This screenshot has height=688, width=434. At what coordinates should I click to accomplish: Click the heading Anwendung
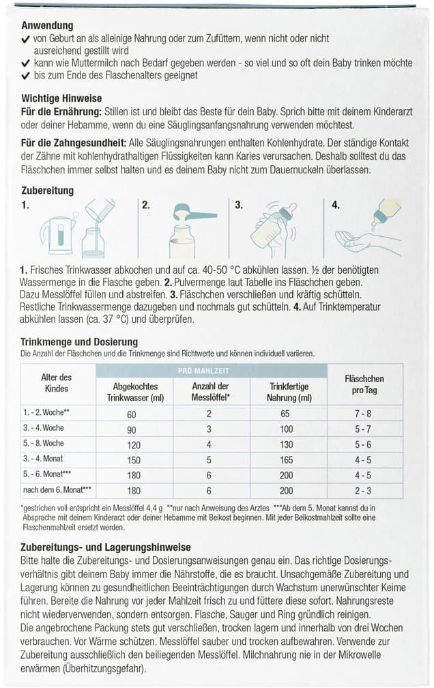(x=47, y=26)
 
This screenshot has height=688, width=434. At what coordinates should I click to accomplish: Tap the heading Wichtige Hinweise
(x=60, y=98)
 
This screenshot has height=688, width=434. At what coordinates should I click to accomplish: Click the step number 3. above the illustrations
(x=239, y=204)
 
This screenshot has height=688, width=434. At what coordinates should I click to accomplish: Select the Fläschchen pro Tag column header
(x=364, y=384)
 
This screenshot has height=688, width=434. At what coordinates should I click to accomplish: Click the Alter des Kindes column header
(x=57, y=384)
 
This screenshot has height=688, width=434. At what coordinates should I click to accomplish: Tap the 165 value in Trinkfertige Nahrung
(x=287, y=460)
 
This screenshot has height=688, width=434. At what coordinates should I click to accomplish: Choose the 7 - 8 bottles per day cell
(x=364, y=414)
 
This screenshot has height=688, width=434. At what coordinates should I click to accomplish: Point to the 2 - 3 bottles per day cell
(x=364, y=491)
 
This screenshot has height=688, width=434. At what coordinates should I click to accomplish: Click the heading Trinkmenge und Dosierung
(x=80, y=341)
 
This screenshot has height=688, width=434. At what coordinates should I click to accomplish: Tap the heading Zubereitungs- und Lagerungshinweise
(x=105, y=547)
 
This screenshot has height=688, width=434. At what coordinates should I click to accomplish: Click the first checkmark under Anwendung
(x=25, y=40)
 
